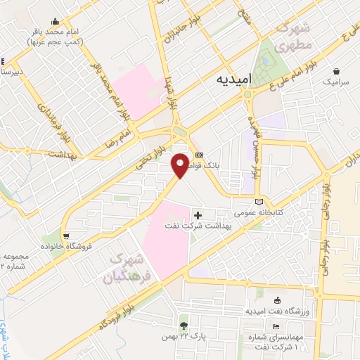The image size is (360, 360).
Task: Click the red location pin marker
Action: (x=180, y=165)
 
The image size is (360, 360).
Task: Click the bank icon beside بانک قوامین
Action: (x=199, y=155)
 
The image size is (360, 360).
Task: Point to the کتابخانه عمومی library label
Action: (x=259, y=212)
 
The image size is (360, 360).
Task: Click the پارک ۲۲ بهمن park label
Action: (x=200, y=337)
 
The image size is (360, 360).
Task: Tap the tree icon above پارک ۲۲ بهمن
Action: (x=184, y=326)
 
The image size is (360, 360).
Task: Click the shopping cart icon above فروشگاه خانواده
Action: (x=66, y=236)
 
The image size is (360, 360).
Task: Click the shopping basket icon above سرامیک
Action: (x=338, y=71)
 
